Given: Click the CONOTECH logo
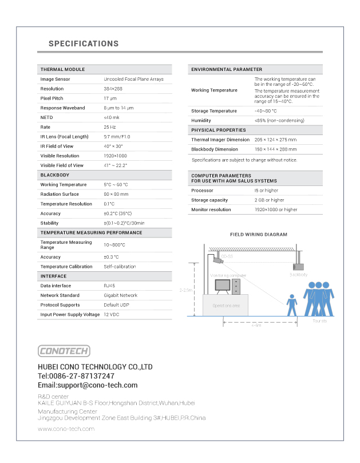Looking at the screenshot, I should [x=64, y=351].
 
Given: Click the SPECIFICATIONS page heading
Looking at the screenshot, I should [x=84, y=43].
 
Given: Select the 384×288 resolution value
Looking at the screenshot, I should [x=113, y=89].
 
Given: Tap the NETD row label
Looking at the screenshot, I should [x=46, y=117].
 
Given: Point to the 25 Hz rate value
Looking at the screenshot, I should [x=109, y=127].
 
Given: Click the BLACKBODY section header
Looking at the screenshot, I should [x=56, y=175].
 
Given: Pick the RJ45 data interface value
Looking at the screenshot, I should [x=109, y=286].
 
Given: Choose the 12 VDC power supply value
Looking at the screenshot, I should [x=112, y=315].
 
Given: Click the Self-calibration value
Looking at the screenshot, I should [x=120, y=267].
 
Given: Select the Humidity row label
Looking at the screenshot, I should [x=201, y=121].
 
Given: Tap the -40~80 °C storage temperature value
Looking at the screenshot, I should [x=266, y=111].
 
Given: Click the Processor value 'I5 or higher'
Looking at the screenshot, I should [x=267, y=191].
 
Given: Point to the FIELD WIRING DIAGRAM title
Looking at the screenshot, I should [x=259, y=235].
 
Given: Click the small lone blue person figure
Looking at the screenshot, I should [x=291, y=305].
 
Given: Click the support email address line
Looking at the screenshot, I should [x=88, y=385].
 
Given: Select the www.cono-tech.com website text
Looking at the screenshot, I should [x=66, y=428].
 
